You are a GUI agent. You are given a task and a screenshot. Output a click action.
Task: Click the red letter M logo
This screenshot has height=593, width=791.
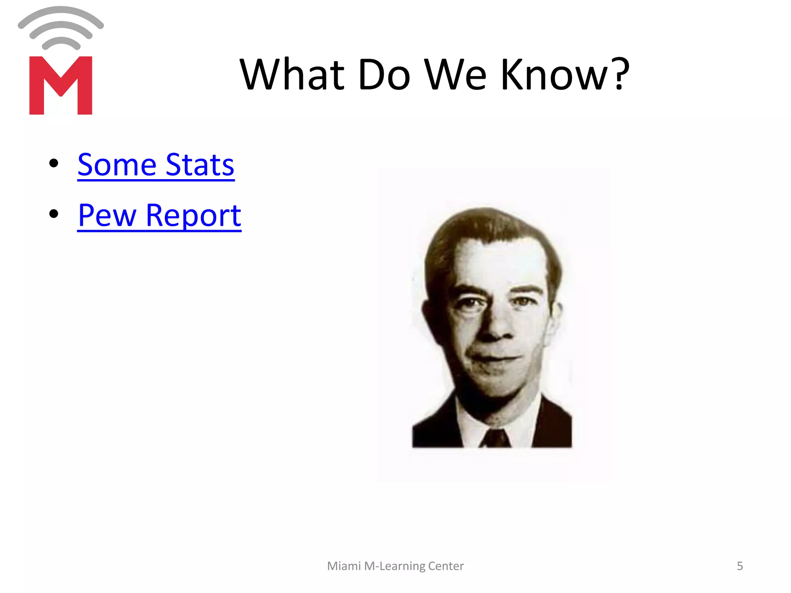coord(61,85)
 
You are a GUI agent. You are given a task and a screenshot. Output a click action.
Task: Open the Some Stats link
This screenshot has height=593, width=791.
coord(156,165)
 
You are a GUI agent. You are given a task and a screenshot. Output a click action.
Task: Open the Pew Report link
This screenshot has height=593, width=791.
coord(159,215)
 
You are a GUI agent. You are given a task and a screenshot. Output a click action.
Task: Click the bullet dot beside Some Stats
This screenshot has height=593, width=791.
coord(54,163)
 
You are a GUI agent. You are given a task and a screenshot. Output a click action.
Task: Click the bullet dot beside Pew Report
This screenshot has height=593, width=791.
coord(54,213)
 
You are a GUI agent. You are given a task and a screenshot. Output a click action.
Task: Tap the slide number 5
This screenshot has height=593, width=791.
coord(740,566)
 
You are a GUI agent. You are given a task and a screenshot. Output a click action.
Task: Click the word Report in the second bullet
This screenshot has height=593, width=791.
coord(193,215)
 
